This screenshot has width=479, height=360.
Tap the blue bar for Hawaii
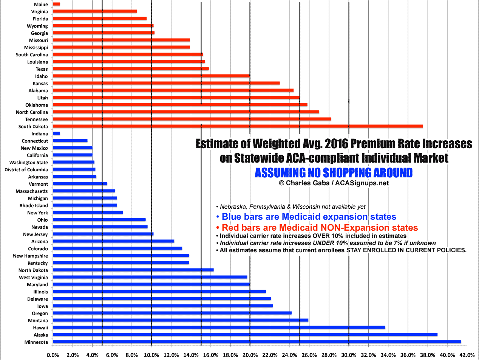219,327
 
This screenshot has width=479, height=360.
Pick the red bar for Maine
56,4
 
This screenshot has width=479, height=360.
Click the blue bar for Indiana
56,133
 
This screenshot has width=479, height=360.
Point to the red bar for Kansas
166,83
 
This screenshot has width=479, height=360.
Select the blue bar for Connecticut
70,141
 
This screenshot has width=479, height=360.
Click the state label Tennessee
37,119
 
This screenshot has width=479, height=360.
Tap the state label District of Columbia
26,169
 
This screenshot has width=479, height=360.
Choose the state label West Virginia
33,277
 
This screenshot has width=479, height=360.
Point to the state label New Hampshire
30,256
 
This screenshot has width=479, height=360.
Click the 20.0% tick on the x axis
250,355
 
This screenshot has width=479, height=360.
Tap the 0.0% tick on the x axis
53,355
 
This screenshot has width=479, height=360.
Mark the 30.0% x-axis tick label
348,355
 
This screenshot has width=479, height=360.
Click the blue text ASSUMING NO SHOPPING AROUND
333,173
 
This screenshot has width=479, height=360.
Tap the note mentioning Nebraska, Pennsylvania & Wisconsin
290,207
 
